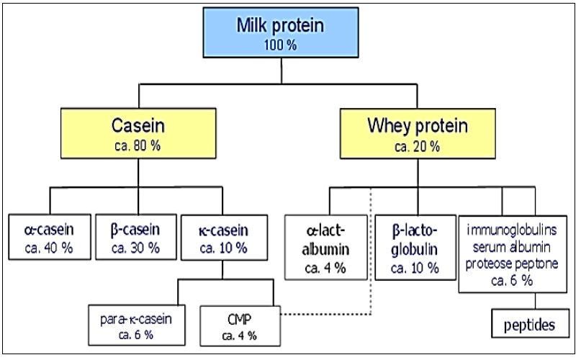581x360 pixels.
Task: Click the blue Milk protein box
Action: pos(280,32)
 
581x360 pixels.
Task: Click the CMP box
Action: pos(237,325)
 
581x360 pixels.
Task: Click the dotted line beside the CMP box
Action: pos(324,315)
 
